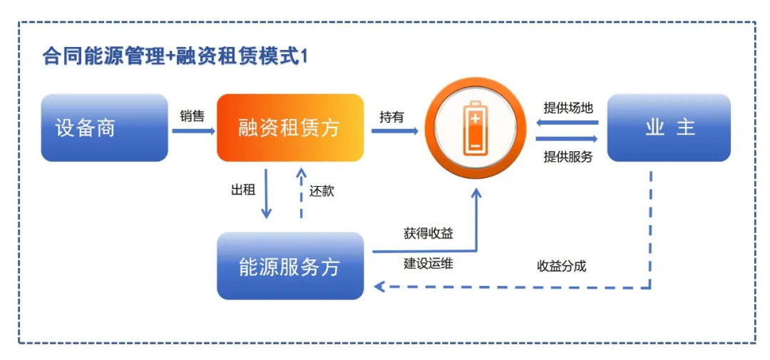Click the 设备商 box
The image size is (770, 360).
(104, 128)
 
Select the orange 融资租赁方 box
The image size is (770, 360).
(290, 128)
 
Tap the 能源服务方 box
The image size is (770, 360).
(290, 266)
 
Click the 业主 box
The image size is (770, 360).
(669, 128)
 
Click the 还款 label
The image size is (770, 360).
(322, 191)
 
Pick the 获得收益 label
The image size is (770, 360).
(428, 233)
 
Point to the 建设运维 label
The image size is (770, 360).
(428, 264)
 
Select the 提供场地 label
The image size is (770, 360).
(568, 108)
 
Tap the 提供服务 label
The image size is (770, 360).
(568, 157)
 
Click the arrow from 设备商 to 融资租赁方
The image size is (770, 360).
(193, 130)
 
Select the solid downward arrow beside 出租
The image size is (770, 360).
(267, 193)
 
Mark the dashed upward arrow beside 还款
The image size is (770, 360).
(301, 193)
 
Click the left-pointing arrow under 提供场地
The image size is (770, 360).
(567, 123)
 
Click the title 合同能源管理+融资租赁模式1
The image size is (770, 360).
(175, 57)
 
